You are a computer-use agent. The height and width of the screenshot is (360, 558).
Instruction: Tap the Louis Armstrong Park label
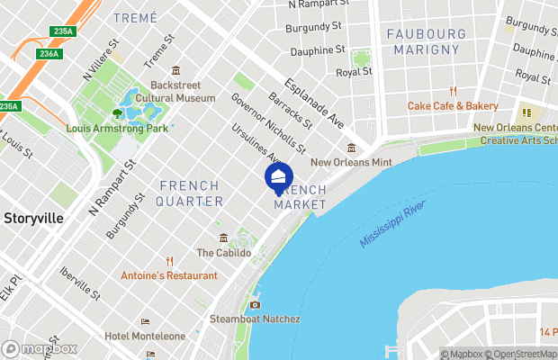[117, 129]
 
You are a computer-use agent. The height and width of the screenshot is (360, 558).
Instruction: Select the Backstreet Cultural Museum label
[176, 91]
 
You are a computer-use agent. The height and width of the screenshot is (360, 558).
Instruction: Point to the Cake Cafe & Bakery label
[453, 105]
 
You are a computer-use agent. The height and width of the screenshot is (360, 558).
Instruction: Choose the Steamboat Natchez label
[255, 319]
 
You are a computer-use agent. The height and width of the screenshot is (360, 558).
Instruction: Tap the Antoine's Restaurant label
[169, 275]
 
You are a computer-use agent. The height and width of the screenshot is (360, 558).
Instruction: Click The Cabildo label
[217, 253]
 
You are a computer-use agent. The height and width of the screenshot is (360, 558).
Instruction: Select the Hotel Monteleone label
[145, 336]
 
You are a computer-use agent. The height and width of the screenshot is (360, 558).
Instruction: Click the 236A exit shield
[49, 54]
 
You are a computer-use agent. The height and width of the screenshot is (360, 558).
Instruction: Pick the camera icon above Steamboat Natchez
[255, 304]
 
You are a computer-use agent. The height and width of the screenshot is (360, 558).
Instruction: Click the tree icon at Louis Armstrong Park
[117, 113]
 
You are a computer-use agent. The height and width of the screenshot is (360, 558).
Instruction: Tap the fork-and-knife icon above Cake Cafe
[453, 91]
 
